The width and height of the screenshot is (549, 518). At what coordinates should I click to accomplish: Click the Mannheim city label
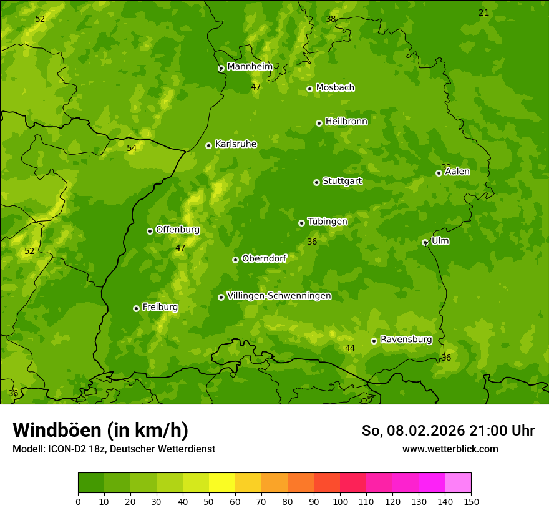(x=250, y=66)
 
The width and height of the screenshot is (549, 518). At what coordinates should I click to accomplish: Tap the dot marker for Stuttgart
(x=316, y=182)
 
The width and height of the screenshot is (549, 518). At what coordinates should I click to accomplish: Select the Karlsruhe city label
(x=235, y=144)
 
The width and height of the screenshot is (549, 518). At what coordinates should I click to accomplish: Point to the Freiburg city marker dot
(x=136, y=308)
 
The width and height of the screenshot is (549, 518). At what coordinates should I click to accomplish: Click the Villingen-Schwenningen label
(x=279, y=296)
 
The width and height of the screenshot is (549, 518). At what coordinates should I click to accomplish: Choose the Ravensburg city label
(x=406, y=340)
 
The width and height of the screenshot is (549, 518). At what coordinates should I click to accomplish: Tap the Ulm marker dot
(x=425, y=242)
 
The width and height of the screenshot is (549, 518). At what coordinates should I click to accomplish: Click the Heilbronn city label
(x=346, y=122)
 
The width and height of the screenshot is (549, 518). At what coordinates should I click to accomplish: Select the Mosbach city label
(x=334, y=88)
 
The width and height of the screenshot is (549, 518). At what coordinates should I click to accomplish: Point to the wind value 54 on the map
(x=132, y=149)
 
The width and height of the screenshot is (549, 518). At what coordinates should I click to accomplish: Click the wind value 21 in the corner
(x=483, y=13)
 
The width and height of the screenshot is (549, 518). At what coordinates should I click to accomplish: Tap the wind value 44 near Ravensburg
(x=350, y=349)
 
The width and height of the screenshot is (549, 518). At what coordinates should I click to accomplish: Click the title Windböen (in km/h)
(x=100, y=430)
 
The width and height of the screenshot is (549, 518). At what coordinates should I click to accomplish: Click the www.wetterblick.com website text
(x=450, y=449)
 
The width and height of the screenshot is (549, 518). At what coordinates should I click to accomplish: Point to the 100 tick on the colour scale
(x=340, y=501)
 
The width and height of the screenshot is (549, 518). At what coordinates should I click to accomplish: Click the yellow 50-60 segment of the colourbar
(x=222, y=483)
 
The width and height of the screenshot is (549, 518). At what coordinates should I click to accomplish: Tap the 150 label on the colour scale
(x=471, y=501)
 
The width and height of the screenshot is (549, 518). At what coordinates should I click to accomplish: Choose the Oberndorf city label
(x=264, y=258)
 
